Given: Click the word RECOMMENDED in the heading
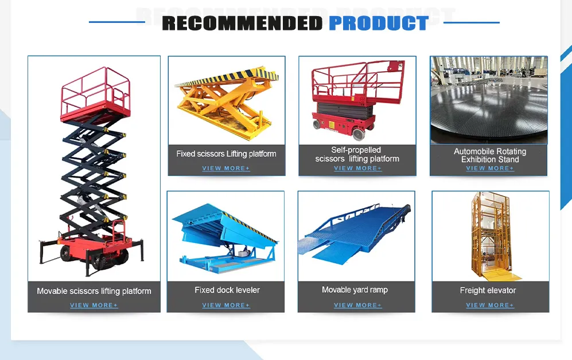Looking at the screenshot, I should click(242, 23).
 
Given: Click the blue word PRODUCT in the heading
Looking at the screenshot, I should click(378, 23).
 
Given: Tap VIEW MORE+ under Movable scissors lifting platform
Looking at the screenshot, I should click(94, 305).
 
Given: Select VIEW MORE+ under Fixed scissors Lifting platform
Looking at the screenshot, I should click(226, 168).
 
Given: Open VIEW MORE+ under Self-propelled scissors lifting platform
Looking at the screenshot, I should click(357, 168).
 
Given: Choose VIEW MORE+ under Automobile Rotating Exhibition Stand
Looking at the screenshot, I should click(490, 168).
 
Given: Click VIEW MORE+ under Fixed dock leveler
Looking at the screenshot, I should click(226, 305).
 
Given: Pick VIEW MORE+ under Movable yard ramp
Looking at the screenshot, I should click(357, 305).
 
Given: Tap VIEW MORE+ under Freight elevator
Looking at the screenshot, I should click(490, 305).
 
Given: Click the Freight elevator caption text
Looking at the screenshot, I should click(488, 291).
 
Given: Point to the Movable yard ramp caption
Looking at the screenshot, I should click(355, 290).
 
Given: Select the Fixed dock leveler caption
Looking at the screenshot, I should click(227, 290).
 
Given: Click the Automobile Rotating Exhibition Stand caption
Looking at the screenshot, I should click(490, 155).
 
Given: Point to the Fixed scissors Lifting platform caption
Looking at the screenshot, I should click(226, 154).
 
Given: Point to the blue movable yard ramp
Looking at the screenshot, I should click(356, 232).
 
